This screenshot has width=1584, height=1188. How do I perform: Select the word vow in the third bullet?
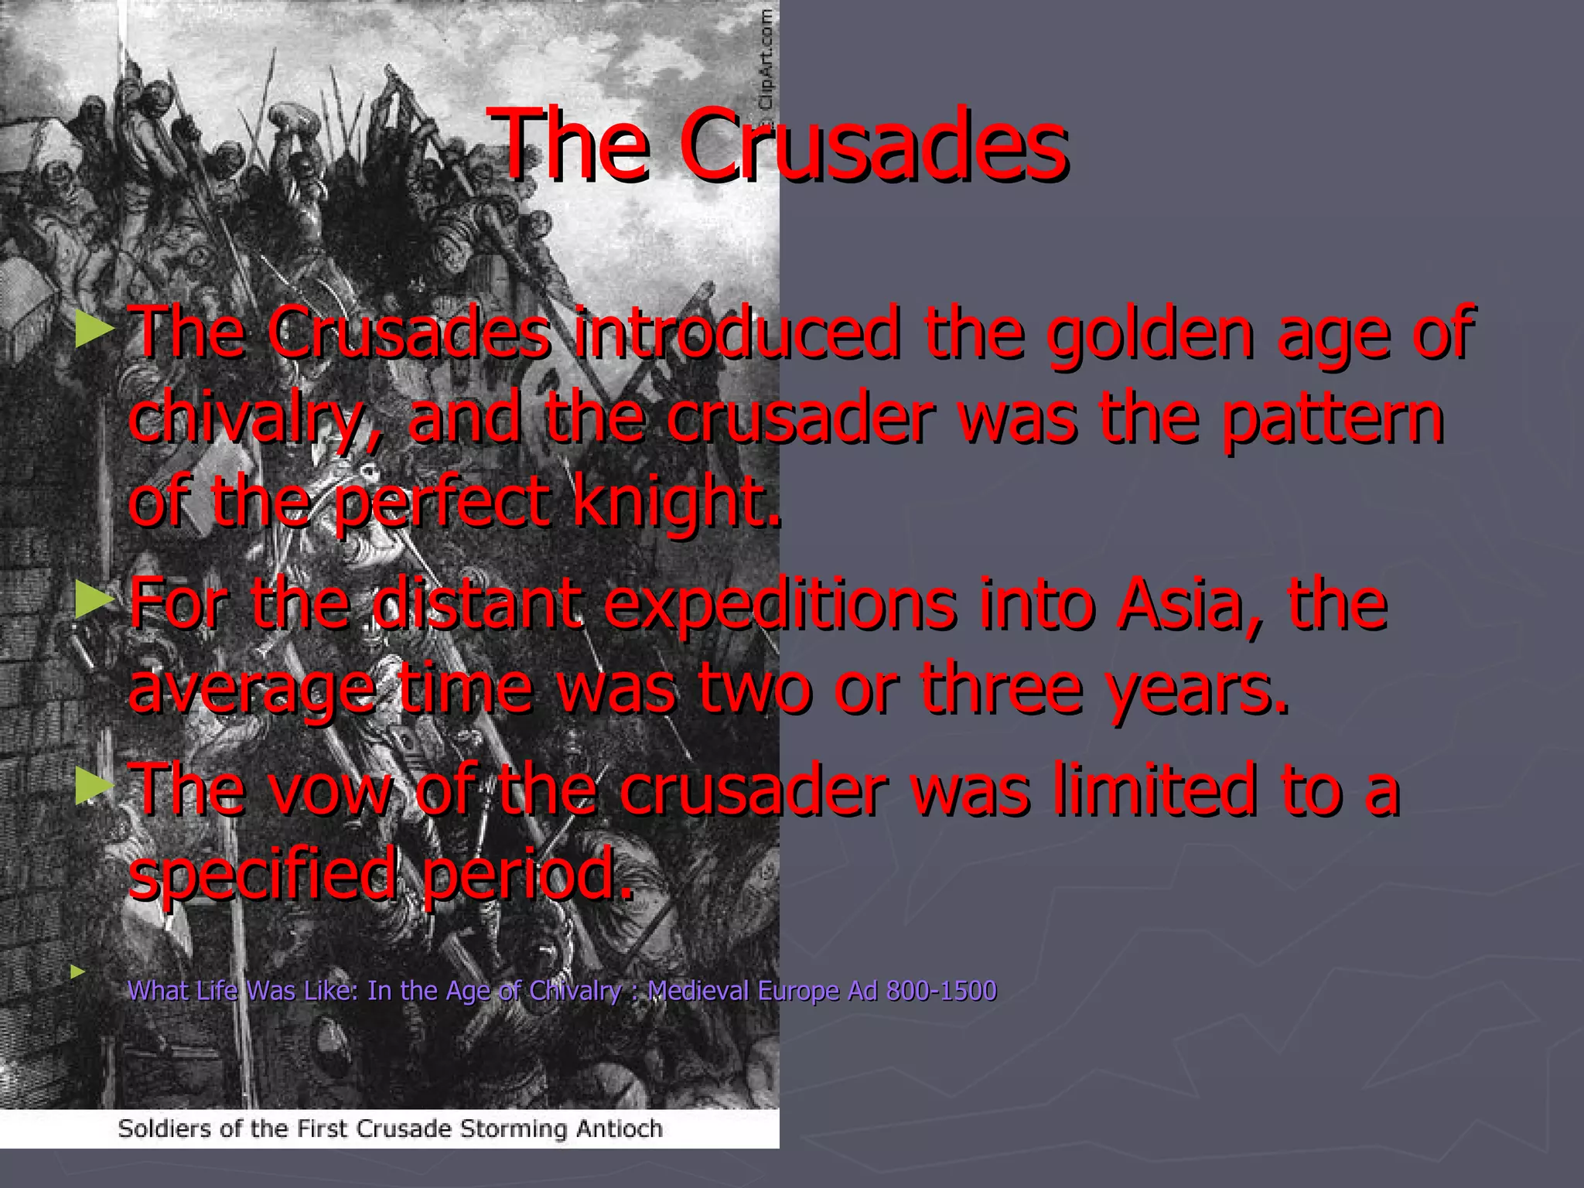point(325,790)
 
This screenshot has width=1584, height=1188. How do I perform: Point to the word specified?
point(263,875)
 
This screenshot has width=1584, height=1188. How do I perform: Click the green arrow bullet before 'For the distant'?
point(94,601)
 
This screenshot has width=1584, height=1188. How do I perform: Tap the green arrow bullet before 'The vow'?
point(94,787)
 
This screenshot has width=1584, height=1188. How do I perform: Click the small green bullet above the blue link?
point(77,971)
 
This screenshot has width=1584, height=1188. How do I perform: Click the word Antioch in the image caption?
point(619,1128)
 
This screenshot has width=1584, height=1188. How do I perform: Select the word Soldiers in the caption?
point(165,1128)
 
